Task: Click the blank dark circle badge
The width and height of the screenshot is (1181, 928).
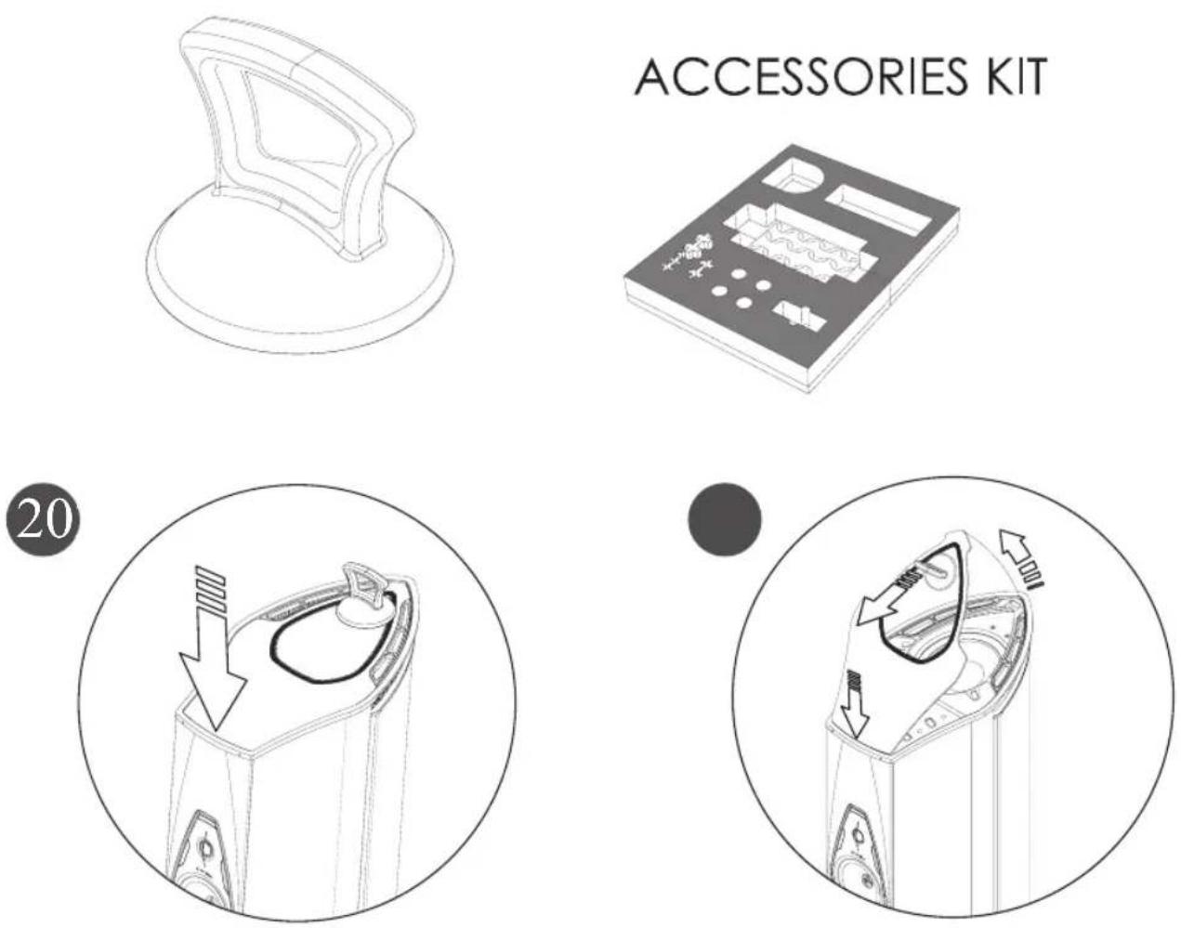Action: click(725, 521)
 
